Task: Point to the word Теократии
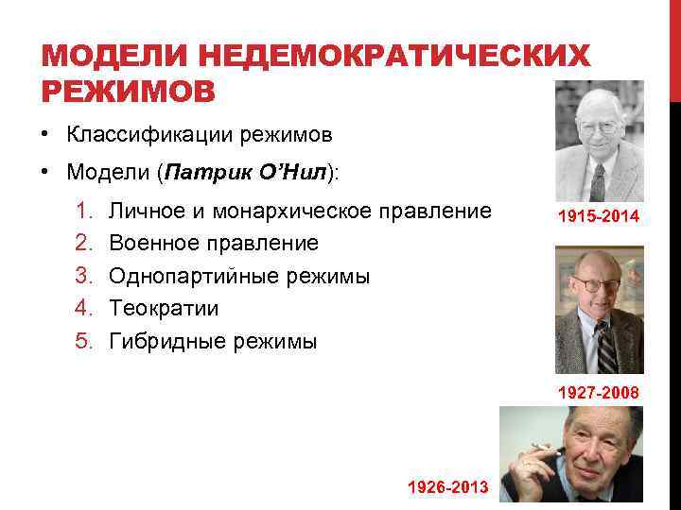(164, 309)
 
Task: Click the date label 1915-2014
(598, 217)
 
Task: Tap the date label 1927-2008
(598, 392)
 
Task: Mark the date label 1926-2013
(447, 486)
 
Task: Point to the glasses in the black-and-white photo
(598, 127)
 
